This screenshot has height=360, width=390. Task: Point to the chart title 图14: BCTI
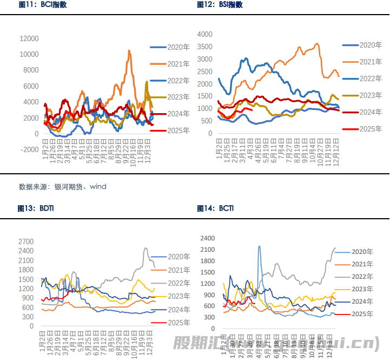217,208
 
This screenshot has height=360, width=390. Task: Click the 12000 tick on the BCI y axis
29,38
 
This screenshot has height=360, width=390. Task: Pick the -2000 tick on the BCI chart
29,150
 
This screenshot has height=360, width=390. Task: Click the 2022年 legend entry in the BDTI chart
179,283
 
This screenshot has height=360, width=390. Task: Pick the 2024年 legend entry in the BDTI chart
179,310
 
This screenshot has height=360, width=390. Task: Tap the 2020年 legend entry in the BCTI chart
362,252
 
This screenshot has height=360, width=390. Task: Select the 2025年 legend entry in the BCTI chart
362,314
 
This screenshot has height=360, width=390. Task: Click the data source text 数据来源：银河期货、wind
63,187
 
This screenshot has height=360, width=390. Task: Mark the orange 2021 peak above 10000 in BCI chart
129,51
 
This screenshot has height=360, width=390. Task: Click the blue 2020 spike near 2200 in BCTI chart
259,247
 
